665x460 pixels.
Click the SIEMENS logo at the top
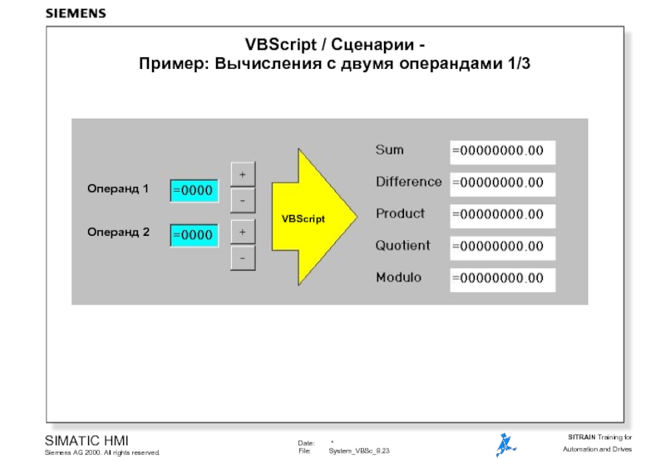(76, 14)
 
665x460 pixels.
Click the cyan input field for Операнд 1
(195, 190)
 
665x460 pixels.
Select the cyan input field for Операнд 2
(195, 235)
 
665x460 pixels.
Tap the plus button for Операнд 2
(242, 231)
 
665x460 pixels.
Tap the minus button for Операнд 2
(242, 259)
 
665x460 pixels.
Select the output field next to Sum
(502, 151)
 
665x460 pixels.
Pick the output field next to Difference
(502, 183)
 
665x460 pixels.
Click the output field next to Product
(502, 214)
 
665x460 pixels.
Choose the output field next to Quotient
(502, 247)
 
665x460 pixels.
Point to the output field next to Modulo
(502, 279)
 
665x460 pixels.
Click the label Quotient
(403, 246)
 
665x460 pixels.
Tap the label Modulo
(398, 277)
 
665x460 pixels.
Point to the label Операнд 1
(118, 189)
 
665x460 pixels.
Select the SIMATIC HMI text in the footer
(86, 439)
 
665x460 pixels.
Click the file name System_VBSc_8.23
(359, 450)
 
